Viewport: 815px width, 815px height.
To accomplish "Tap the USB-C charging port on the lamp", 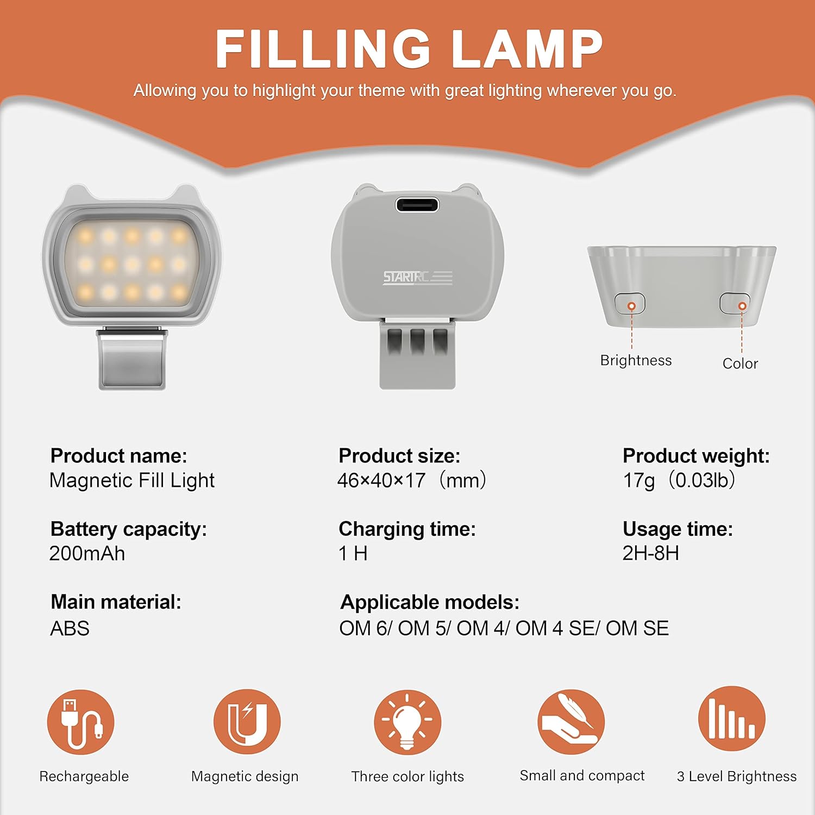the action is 417,205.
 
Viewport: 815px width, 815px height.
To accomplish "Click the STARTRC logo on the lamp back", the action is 417,278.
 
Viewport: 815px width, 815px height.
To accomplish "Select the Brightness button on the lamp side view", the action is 630,304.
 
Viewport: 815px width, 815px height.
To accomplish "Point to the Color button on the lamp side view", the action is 735,303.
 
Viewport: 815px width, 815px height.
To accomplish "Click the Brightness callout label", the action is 636,360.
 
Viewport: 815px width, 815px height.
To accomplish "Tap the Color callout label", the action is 740,363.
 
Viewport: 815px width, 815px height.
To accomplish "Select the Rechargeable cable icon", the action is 81,722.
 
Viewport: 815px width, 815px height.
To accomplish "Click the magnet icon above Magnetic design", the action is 247,722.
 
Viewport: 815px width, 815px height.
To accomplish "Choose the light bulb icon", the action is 407,722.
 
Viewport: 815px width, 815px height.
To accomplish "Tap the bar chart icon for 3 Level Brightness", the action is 732,719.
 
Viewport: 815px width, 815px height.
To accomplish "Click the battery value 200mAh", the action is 87,553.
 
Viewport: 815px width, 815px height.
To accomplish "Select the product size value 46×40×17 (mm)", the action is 412,480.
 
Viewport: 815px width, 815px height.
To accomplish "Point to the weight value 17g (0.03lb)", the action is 679,480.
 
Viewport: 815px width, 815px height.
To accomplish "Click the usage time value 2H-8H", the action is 651,553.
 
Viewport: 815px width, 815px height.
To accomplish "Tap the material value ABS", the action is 70,628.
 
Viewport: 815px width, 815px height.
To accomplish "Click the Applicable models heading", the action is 430,602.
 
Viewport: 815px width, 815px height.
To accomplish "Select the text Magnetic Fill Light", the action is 132,480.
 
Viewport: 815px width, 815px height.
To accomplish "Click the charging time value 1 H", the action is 353,553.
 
